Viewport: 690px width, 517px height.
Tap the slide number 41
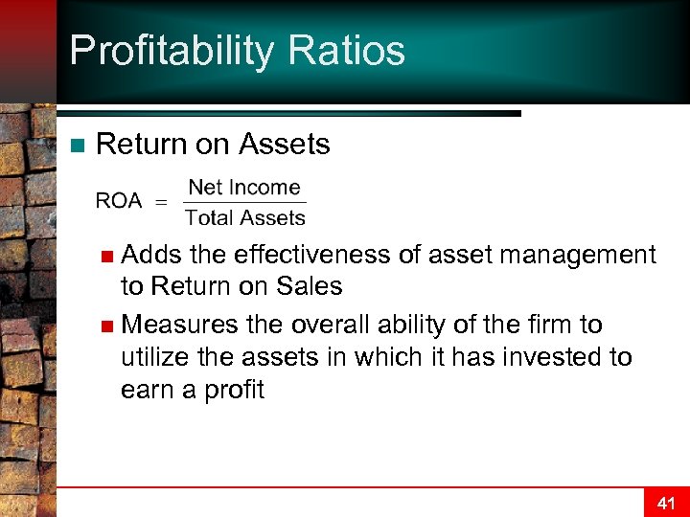pyautogui.click(x=666, y=502)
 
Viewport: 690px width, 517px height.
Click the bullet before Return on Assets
pyautogui.click(x=78, y=146)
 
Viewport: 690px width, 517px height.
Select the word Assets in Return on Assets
pyautogui.click(x=284, y=145)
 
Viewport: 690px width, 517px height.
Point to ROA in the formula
pyautogui.click(x=119, y=201)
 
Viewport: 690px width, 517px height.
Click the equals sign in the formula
pyautogui.click(x=161, y=202)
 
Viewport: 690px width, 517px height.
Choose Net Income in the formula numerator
pyautogui.click(x=244, y=188)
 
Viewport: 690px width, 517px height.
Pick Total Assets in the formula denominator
pyautogui.click(x=245, y=218)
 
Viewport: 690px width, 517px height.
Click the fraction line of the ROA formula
pyautogui.click(x=244, y=203)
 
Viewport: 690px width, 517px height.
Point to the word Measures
pyautogui.click(x=182, y=325)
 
